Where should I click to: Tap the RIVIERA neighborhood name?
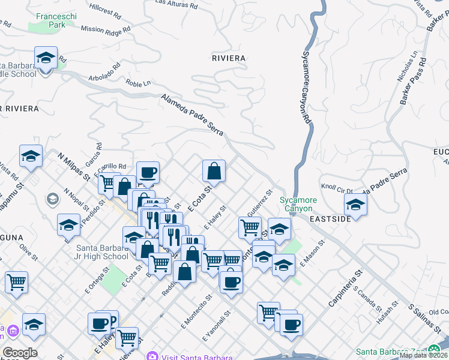pos(229,58)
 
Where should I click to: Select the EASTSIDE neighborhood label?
pos(330,220)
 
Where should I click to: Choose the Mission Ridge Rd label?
pos(106,29)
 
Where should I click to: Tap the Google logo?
pos(20,353)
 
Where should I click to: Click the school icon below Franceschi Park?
pos(46,58)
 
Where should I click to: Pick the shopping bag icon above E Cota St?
pos(214,171)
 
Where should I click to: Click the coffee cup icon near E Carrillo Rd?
pos(148,173)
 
